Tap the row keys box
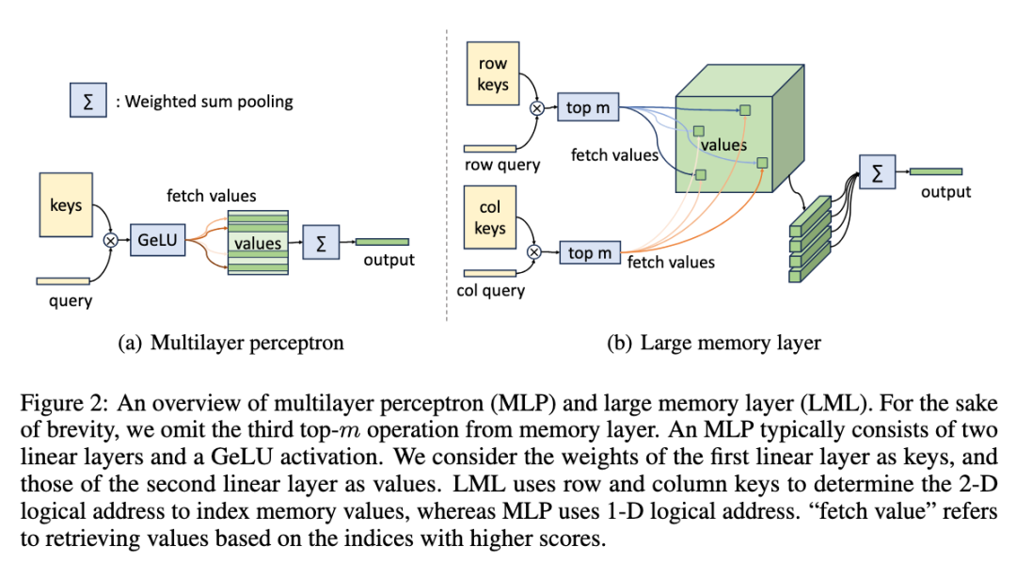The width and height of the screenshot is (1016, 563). (492, 73)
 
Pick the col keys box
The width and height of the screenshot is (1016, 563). (490, 217)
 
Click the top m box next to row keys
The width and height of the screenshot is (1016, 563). (588, 107)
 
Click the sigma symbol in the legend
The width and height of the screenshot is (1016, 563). (88, 102)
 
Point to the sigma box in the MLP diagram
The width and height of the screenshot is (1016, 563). (322, 243)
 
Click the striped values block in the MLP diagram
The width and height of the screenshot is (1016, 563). (256, 243)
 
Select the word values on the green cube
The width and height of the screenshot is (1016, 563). (723, 145)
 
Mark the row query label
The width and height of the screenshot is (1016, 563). (503, 166)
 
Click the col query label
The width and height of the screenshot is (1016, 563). (491, 291)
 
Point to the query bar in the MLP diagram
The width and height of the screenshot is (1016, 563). (62, 280)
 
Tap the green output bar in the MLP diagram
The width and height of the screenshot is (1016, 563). (382, 242)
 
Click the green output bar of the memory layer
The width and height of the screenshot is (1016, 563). (935, 171)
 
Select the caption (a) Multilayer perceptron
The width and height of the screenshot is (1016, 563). (230, 343)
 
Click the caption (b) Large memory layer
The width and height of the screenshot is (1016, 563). (714, 343)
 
